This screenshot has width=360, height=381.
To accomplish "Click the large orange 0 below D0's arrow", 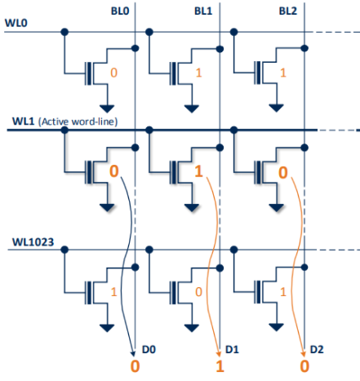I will [135, 366].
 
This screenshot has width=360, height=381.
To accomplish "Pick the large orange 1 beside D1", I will [220, 366].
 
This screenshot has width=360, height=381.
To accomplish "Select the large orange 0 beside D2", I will [304, 366].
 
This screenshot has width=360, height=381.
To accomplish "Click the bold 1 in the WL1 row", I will [198, 173].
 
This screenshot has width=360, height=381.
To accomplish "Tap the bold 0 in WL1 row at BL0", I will [113, 173].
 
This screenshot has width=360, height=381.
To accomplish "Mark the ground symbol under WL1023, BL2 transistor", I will [273, 327].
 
